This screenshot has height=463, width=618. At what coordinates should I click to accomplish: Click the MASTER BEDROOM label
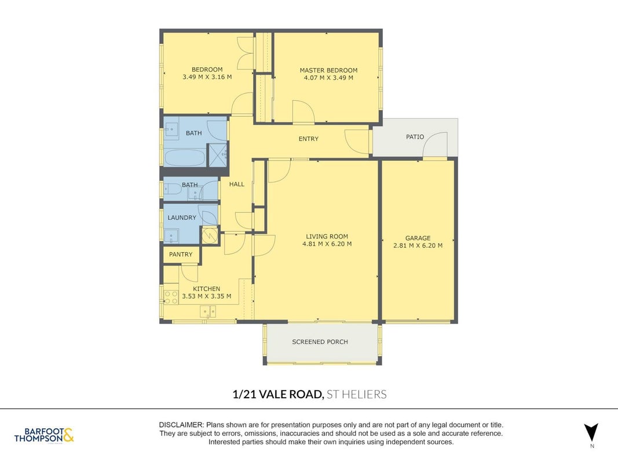(x=328, y=70)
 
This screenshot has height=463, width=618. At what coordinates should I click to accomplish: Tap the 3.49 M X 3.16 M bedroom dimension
(x=207, y=77)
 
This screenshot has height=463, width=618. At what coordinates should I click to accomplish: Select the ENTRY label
(x=309, y=138)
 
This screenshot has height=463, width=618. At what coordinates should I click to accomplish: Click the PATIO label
(x=415, y=137)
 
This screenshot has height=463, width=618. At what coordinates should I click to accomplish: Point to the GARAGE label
(x=418, y=238)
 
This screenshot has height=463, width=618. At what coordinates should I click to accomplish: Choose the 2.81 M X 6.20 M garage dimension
(x=418, y=245)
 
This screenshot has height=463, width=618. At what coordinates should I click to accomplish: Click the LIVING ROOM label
(x=327, y=237)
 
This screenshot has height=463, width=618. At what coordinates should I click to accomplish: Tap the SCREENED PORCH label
(x=320, y=341)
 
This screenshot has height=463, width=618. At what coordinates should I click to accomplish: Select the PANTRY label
(x=181, y=254)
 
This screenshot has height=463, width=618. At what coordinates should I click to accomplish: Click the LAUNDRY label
(x=182, y=218)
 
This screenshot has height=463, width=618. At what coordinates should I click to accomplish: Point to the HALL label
(x=237, y=184)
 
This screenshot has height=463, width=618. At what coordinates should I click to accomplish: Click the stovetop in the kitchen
(x=171, y=297)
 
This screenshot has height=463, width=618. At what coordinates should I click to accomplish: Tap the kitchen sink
(x=208, y=312)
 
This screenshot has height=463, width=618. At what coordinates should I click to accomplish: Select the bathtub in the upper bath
(x=185, y=158)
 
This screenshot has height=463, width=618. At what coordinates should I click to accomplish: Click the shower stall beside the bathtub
(x=218, y=155)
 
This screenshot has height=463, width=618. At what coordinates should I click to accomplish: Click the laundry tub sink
(x=171, y=236)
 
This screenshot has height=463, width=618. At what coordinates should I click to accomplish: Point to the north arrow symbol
(x=591, y=433)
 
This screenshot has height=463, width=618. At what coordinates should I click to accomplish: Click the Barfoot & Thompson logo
(x=44, y=435)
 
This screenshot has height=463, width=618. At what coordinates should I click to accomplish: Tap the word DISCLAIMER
(x=181, y=425)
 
